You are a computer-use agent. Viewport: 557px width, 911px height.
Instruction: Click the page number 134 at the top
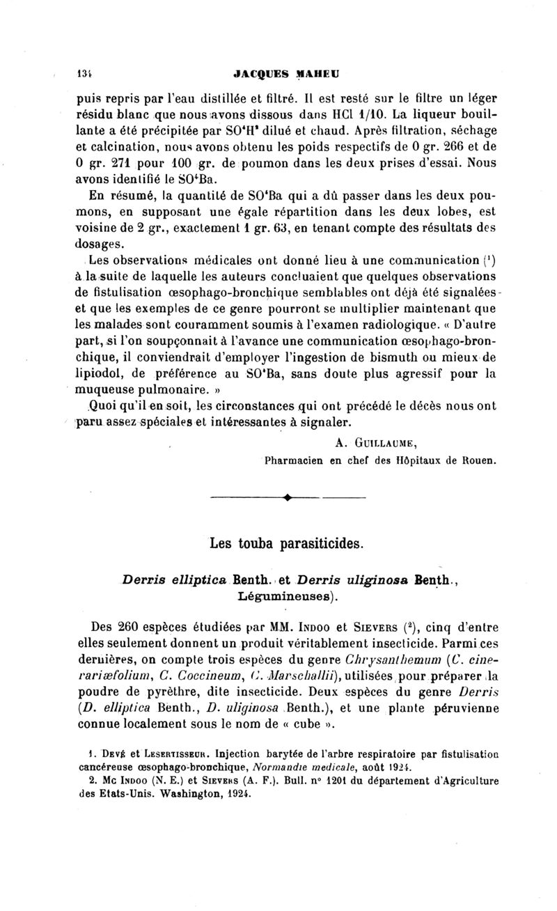84,72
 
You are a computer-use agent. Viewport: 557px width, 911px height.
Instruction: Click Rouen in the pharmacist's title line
478,460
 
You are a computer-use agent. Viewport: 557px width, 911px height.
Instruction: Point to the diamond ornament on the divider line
286,498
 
